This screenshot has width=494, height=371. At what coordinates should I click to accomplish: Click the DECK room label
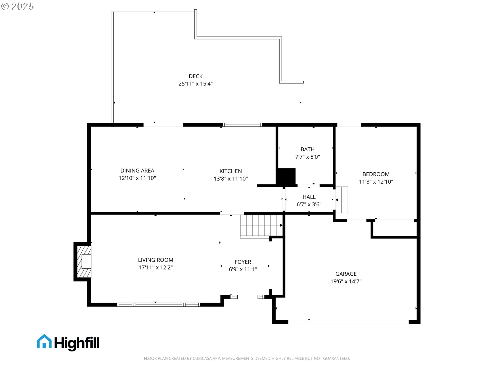point(196,76)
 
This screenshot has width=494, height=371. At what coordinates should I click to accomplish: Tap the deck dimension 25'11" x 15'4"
point(196,84)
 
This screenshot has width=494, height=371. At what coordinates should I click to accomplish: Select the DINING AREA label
point(137,171)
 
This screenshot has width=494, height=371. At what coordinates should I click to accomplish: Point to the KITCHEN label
point(231,171)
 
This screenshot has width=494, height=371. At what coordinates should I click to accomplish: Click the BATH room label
point(307,149)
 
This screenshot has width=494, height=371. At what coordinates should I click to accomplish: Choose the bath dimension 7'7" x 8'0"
point(307,157)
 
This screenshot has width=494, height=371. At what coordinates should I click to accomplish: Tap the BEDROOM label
point(376,174)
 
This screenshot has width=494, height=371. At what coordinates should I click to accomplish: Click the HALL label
point(309,197)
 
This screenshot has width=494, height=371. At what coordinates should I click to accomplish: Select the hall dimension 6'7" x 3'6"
point(309,205)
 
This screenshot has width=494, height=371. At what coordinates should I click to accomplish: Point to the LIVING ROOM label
point(155,260)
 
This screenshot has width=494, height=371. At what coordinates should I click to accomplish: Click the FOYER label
point(243,262)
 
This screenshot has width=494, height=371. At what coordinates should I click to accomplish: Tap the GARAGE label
point(346,274)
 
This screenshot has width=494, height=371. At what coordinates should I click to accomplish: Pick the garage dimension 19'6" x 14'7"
point(346,281)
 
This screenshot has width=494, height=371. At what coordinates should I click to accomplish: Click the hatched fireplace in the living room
point(84,262)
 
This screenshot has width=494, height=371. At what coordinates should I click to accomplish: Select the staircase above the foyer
point(261,225)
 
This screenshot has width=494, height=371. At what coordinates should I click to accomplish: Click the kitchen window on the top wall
point(242,125)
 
